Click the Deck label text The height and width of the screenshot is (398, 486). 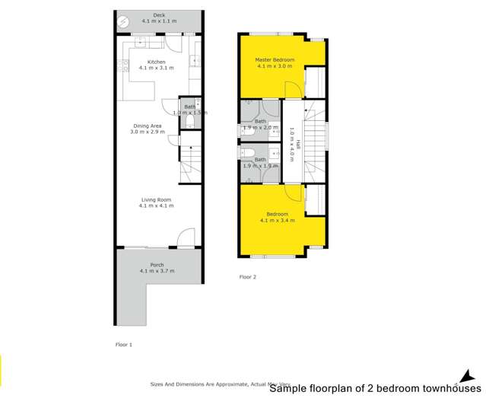pos(158,14)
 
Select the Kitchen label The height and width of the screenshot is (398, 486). pos(157,62)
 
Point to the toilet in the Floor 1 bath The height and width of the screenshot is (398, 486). pos(195,119)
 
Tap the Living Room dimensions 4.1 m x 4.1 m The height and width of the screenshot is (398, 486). pos(157,205)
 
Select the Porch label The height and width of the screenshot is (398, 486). pos(157,265)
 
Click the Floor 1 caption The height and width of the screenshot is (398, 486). pos(123,345)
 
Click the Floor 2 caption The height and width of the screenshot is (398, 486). pos(248,277)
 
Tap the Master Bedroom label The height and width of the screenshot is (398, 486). pos(274,59)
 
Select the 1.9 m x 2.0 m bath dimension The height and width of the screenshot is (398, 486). pos(261,128)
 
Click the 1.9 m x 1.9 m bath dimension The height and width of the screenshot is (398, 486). pos(260,164)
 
